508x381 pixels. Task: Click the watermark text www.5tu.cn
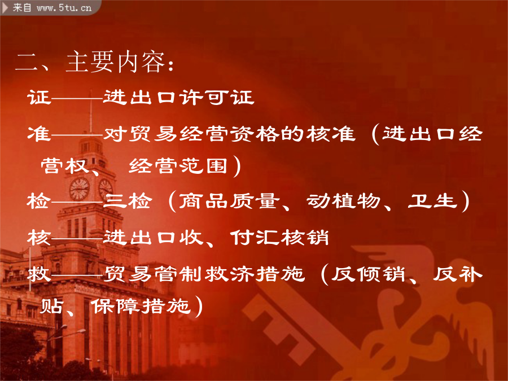coord(64,7)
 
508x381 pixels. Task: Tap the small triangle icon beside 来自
coord(5,7)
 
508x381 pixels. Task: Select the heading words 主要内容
coord(115,62)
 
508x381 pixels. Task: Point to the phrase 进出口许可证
coord(178,97)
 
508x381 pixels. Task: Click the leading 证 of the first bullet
coord(39,97)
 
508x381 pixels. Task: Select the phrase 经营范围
coord(178,166)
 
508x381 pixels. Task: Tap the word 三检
coord(128,201)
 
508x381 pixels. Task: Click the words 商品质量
coord(229,201)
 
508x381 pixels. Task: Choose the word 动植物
coord(343,201)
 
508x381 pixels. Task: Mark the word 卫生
coord(432,201)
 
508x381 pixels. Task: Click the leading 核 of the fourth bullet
coord(39,238)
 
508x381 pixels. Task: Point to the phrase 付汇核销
coord(279,238)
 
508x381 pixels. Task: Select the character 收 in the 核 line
coord(191,238)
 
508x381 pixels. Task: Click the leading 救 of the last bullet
coord(39,274)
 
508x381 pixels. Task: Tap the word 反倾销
coord(368,274)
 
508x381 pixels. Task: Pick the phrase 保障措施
coord(140,306)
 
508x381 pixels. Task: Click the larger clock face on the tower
coord(79,189)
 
